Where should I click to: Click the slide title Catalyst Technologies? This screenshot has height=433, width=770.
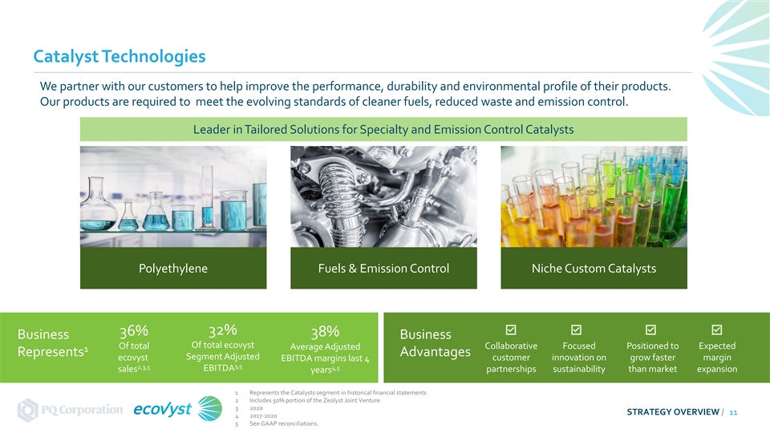[x=120, y=56]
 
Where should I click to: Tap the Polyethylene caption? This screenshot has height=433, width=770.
[x=173, y=269]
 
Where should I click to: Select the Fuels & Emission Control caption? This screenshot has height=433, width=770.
[x=383, y=269]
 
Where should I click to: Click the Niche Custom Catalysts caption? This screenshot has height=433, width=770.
[x=594, y=269]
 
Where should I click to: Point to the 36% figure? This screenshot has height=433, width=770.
[x=134, y=331]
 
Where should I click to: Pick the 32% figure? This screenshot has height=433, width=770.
[x=222, y=330]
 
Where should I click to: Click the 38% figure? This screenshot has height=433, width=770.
[x=325, y=332]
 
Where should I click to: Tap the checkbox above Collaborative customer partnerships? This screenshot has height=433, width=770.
[x=511, y=330]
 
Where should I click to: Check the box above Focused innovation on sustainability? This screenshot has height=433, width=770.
[x=577, y=330]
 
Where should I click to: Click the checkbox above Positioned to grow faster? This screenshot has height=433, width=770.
[x=650, y=330]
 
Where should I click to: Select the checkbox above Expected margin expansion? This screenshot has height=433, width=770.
[x=717, y=330]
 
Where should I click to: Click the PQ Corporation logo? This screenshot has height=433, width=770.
[x=70, y=410]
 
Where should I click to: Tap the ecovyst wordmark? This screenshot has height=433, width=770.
[x=163, y=409]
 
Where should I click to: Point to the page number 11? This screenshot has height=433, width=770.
[x=733, y=412]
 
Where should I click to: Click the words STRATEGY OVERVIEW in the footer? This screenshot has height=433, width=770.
[x=673, y=412]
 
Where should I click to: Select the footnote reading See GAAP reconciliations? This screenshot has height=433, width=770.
[x=283, y=423]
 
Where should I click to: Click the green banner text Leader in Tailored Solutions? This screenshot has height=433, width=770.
[x=383, y=130]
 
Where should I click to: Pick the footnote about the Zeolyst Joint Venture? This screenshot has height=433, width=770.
[x=314, y=401]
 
